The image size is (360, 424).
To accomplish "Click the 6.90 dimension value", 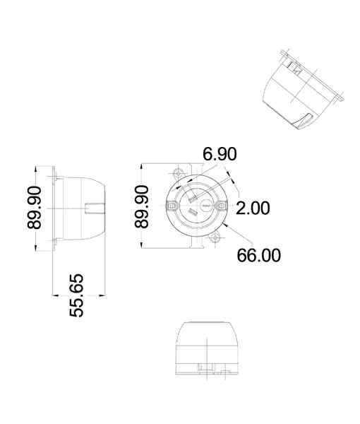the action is (x=220, y=154).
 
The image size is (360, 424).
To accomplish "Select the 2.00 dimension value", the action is (x=253, y=208).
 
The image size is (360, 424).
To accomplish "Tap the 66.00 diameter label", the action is (x=259, y=255).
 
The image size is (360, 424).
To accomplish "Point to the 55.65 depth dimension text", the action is (x=76, y=295).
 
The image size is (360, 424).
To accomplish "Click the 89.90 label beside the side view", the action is (x=35, y=208).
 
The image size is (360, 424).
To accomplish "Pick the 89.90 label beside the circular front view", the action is (x=141, y=206).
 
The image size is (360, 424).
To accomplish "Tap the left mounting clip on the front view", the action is (x=172, y=206).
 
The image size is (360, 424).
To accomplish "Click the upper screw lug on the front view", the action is (x=177, y=172).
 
